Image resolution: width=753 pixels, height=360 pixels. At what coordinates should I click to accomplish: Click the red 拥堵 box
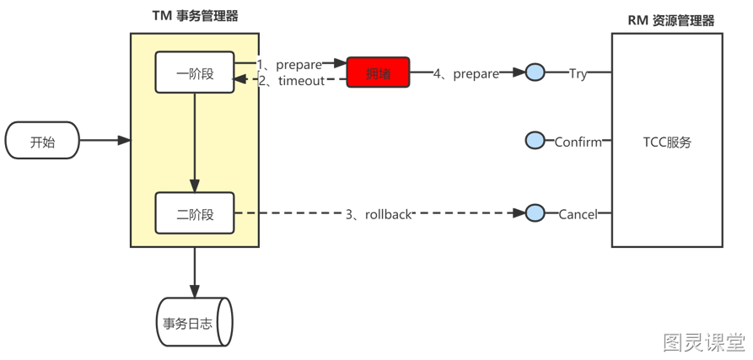[x=379, y=73]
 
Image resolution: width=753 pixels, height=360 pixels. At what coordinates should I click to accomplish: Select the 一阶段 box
[x=195, y=73]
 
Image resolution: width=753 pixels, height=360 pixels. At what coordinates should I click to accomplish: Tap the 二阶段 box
[x=195, y=214]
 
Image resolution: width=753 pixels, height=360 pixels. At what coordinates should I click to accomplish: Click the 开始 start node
[x=42, y=141]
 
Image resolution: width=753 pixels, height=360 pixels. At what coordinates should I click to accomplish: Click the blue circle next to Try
[x=535, y=73]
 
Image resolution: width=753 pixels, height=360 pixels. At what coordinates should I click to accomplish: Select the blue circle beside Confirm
[x=535, y=141]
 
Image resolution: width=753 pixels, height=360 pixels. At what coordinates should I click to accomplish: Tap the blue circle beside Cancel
[x=535, y=213]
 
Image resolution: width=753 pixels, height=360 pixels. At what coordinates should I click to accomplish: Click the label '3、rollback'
[x=379, y=214]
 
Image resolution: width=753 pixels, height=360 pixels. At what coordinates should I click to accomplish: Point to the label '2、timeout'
[x=290, y=81]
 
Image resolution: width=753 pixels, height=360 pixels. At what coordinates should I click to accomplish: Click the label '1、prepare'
[x=289, y=64]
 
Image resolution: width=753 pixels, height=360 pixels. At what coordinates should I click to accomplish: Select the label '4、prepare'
[x=465, y=74]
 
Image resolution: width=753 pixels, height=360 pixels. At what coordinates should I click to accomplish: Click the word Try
[x=578, y=74]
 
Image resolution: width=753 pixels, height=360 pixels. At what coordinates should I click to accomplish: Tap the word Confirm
[x=578, y=142]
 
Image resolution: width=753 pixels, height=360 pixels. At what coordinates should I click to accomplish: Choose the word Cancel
[x=578, y=214]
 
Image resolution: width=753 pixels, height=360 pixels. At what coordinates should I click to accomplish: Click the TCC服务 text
[x=666, y=142]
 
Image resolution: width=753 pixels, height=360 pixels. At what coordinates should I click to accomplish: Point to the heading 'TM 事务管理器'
[x=194, y=17]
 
